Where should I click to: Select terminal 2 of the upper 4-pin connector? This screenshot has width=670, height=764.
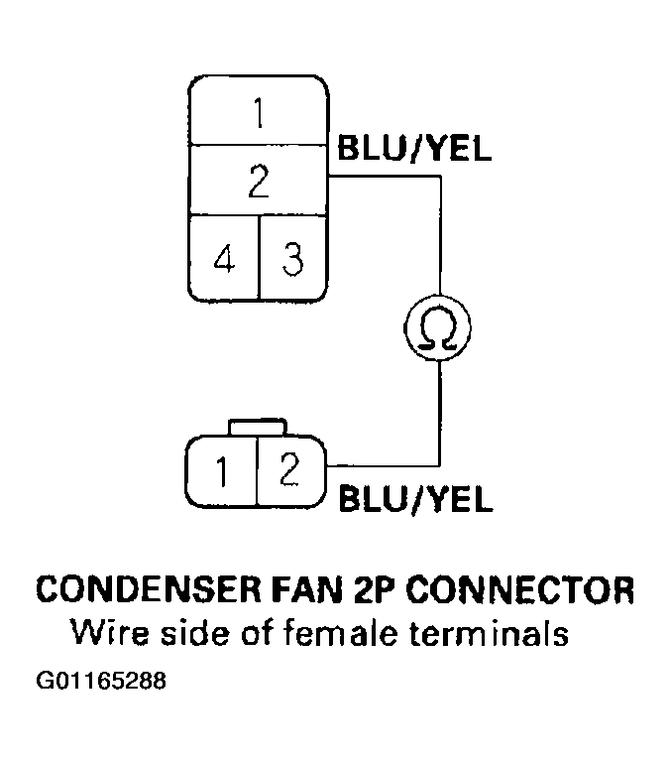pyautogui.click(x=258, y=180)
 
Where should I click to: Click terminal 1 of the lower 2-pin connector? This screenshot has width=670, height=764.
pyautogui.click(x=223, y=471)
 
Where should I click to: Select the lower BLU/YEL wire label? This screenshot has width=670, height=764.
pyautogui.click(x=415, y=499)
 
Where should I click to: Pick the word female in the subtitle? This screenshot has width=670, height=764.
pyautogui.click(x=332, y=633)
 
